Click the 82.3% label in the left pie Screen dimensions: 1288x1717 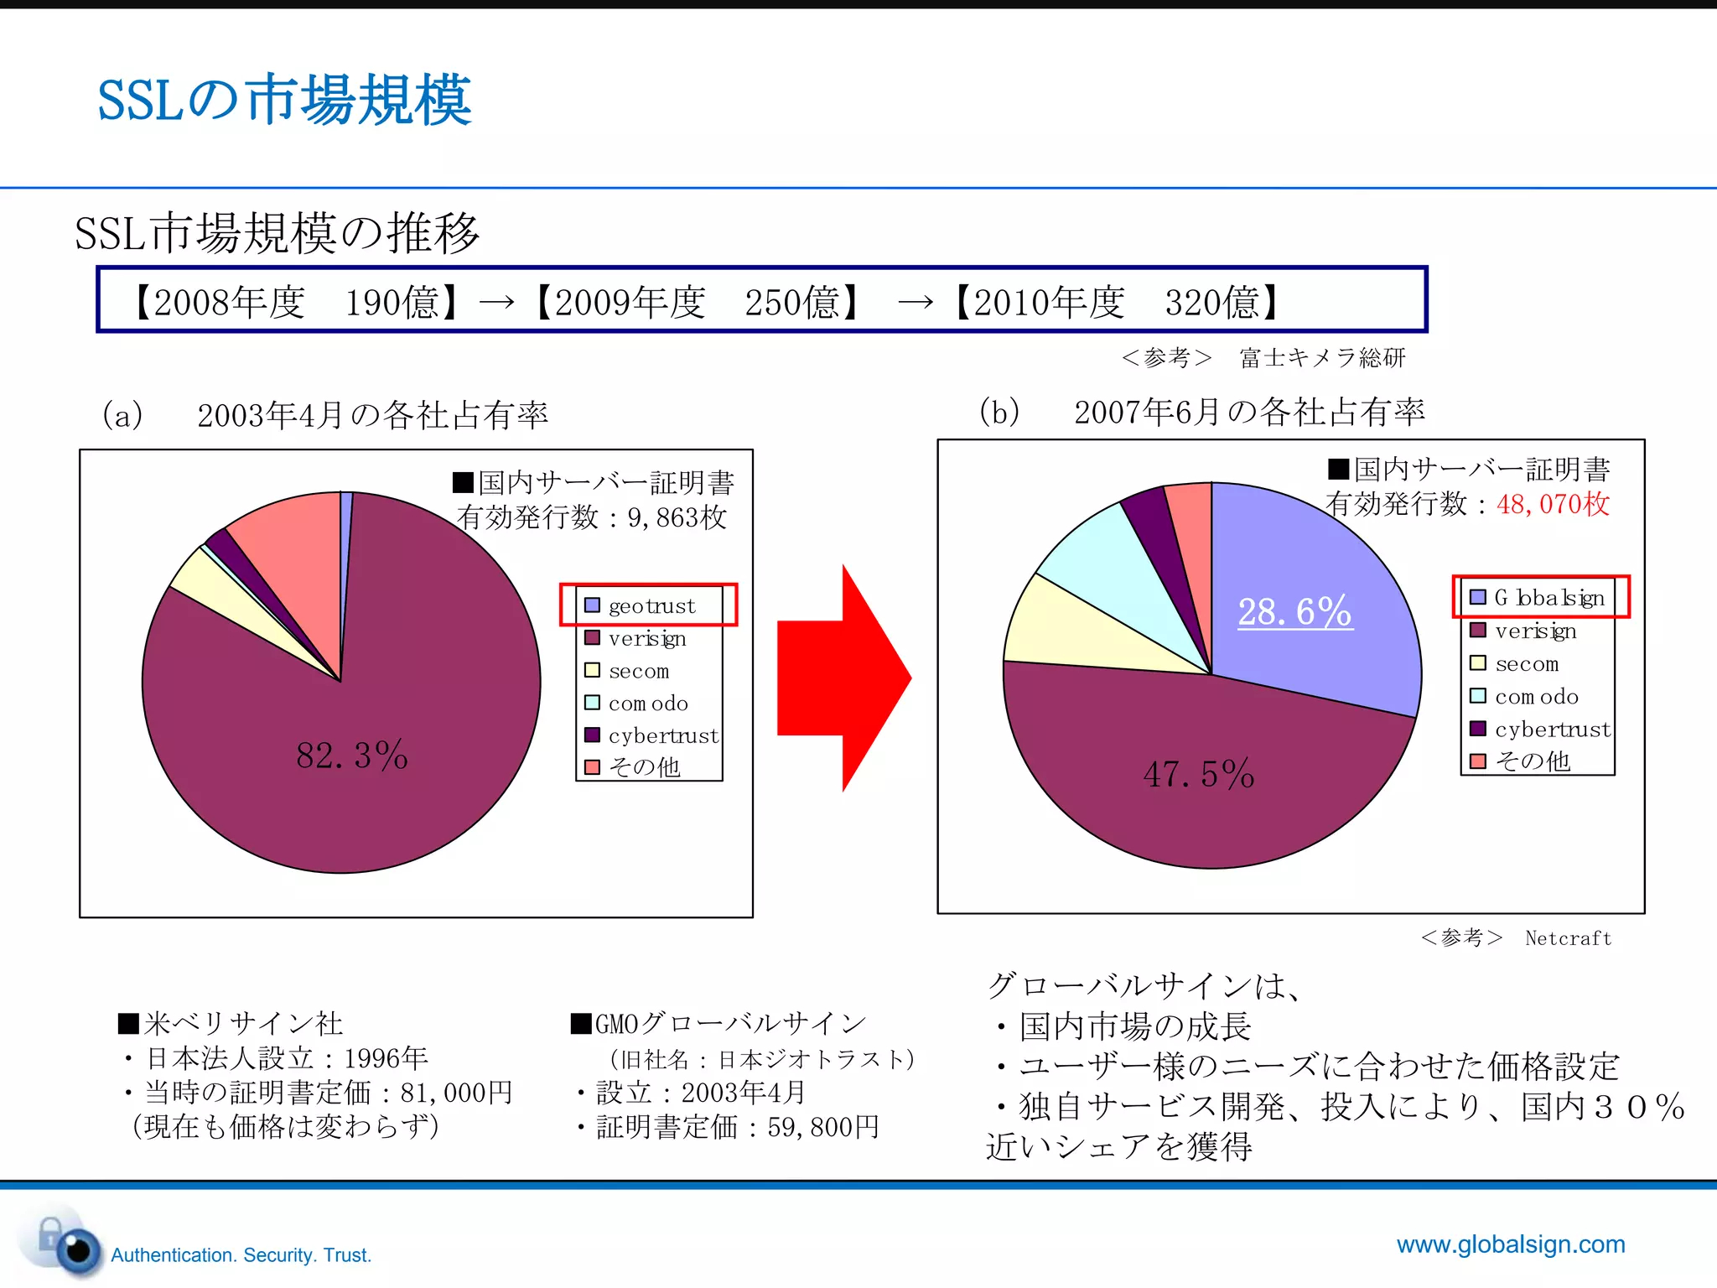[x=352, y=756]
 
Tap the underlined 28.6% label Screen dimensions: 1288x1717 [x=1294, y=611]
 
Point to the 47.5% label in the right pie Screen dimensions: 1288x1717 [x=1199, y=774]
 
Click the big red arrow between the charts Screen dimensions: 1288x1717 [x=843, y=678]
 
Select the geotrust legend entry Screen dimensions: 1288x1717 [x=651, y=605]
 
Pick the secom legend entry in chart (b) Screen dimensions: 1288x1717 [x=1526, y=663]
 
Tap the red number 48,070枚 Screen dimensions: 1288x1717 [x=1553, y=504]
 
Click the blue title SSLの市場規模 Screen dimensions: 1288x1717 [x=284, y=101]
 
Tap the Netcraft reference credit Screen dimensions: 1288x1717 [x=1568, y=938]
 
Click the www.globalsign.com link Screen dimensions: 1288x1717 [x=1510, y=1244]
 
